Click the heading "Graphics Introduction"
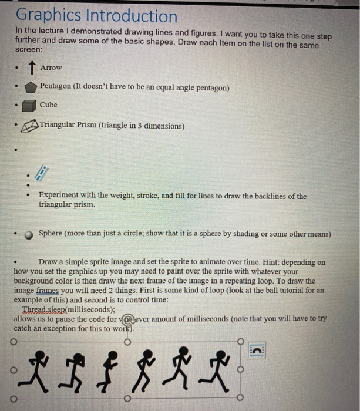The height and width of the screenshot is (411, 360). [96, 16]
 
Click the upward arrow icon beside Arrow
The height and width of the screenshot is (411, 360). [31, 68]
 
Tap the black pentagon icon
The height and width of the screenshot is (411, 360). [31, 87]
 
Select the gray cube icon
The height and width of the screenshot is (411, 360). [29, 106]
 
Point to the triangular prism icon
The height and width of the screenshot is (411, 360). [31, 126]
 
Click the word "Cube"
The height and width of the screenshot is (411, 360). [49, 105]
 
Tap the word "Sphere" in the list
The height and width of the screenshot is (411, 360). [51, 234]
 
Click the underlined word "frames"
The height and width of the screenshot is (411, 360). [50, 290]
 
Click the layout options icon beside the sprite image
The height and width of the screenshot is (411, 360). [257, 350]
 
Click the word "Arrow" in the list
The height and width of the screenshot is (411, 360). [51, 68]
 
